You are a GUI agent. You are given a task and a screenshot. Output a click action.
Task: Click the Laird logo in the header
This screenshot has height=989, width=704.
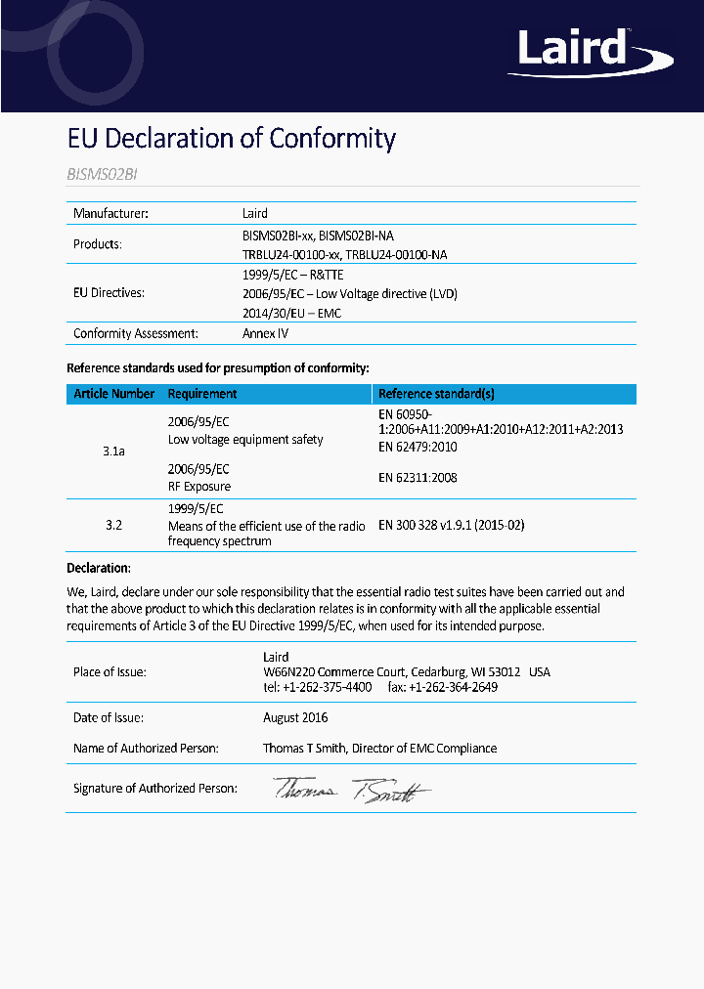coord(576,51)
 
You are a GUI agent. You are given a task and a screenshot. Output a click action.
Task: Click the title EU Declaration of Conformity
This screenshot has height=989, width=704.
coord(231,138)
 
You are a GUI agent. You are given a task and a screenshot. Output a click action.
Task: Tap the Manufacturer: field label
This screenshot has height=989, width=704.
coord(110,213)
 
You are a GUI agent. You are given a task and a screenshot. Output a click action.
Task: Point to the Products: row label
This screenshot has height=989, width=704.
coord(98,244)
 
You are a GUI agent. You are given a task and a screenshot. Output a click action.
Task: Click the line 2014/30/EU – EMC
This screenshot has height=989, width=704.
coord(291,313)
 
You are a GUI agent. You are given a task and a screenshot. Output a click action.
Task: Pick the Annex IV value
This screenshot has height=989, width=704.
coord(265,333)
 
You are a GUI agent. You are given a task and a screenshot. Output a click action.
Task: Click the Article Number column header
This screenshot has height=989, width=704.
coord(113,394)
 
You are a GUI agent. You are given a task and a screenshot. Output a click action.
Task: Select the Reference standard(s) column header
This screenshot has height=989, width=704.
coord(436,394)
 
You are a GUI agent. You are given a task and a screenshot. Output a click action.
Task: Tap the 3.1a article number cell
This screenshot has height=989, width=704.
coord(113,452)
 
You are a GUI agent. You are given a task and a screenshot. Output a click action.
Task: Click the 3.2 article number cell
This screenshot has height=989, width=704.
coord(113,525)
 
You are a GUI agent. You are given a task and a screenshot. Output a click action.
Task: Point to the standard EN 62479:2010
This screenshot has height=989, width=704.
coord(418,447)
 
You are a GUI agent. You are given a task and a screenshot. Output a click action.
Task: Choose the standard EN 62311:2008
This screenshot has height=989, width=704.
coord(418,478)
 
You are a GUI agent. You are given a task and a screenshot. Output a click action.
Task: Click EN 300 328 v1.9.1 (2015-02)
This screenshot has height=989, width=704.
coord(451,525)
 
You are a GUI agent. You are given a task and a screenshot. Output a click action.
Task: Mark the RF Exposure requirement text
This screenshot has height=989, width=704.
coord(199,486)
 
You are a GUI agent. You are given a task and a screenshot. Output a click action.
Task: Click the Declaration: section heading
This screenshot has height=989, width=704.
coord(99,568)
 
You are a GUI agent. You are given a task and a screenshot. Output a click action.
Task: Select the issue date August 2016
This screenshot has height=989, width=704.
coord(294,717)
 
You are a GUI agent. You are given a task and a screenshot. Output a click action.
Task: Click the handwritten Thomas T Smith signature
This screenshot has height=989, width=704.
coord(351,791)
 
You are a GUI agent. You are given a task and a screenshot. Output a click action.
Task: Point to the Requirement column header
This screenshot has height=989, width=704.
coord(202,394)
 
